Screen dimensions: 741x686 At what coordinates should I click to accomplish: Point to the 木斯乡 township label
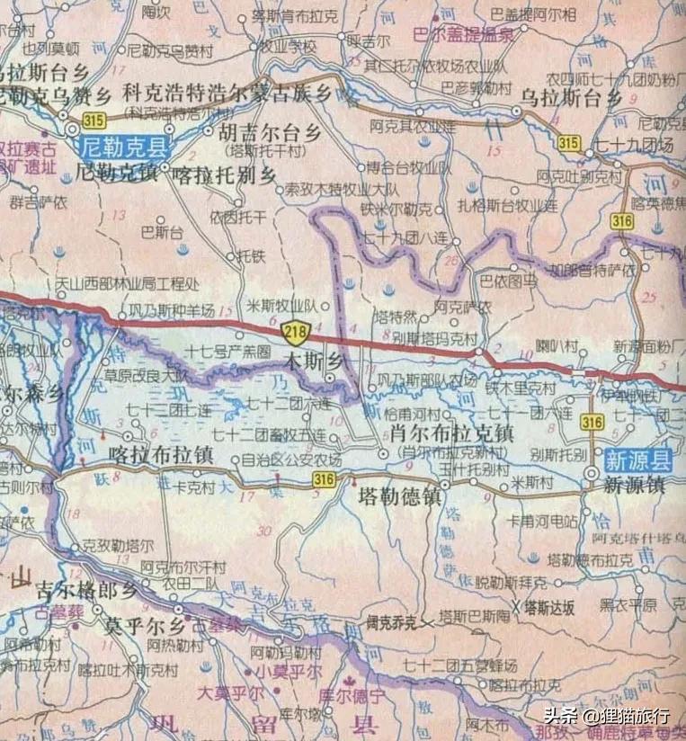point(312,361)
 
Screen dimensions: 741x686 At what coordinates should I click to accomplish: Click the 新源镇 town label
point(633,485)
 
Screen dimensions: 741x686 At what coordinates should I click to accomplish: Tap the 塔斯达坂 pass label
point(548,607)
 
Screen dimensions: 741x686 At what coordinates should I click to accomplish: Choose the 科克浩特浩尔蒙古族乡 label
point(227,94)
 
